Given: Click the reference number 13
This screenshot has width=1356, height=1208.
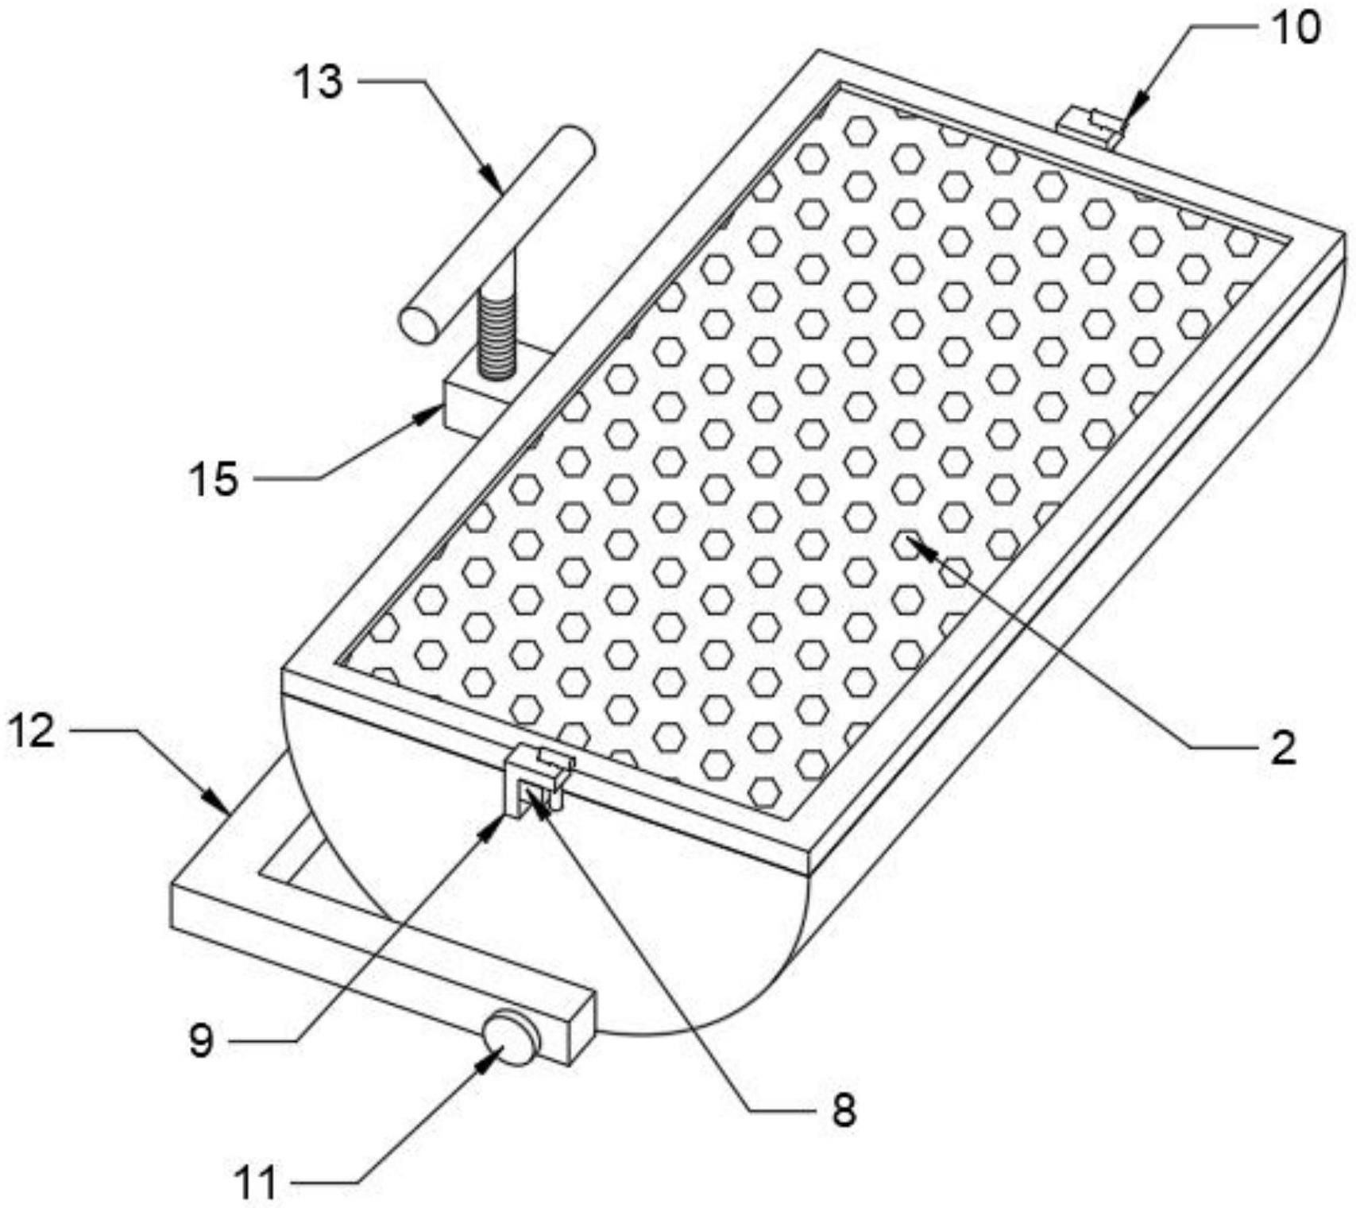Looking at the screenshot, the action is [x=319, y=82].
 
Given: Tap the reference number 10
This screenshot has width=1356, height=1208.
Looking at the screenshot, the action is [x=1294, y=27].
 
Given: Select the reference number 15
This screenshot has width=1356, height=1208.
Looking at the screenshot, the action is [x=214, y=479].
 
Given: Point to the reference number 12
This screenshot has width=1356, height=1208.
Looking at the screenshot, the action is [x=33, y=730].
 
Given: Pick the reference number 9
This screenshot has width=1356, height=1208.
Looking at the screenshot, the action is [x=202, y=1040].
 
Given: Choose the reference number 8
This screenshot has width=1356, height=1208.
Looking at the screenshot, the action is [x=844, y=1109].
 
